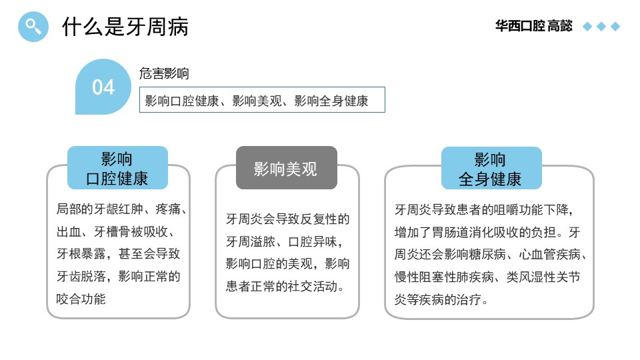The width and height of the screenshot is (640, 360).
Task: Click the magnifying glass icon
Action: (33, 27)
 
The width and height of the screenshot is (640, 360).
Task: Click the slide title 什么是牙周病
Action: (125, 27)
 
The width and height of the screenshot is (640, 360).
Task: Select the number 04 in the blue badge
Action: (103, 87)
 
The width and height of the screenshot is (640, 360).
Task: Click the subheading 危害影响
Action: (164, 73)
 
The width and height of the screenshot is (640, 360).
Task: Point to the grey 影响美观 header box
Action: (287, 168)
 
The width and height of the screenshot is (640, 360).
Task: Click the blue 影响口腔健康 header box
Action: (117, 168)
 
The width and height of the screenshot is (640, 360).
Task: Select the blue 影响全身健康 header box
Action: (491, 168)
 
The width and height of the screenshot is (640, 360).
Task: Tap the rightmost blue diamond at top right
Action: (615, 27)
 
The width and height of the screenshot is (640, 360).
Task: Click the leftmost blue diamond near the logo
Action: (587, 27)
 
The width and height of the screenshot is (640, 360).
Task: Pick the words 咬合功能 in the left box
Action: (81, 299)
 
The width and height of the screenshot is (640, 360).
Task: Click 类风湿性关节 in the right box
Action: (543, 277)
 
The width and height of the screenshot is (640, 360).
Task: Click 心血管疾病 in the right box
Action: (550, 255)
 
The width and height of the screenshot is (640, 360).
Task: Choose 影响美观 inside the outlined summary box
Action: (257, 101)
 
